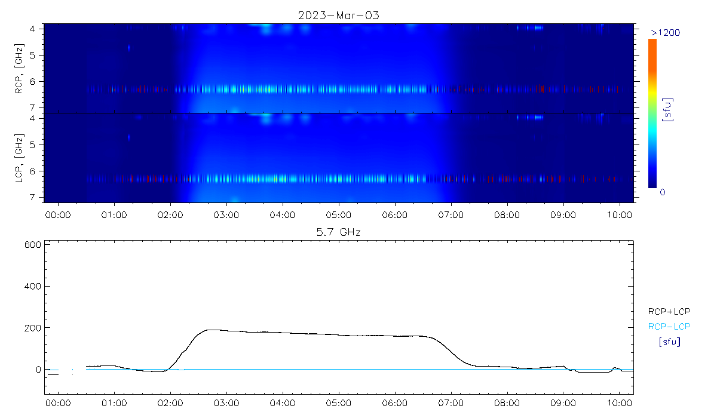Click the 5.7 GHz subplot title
point(339,232)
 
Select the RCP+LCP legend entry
point(669,311)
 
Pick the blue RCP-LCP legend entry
point(669,326)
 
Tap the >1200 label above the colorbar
point(665,32)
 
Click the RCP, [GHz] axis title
point(20,67)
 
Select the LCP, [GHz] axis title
point(20,158)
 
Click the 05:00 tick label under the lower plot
point(339,403)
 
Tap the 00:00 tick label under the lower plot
point(58,403)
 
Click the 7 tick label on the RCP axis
point(39,107)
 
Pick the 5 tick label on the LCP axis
point(39,145)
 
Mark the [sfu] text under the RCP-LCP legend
point(669,342)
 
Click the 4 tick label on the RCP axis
point(39,29)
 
